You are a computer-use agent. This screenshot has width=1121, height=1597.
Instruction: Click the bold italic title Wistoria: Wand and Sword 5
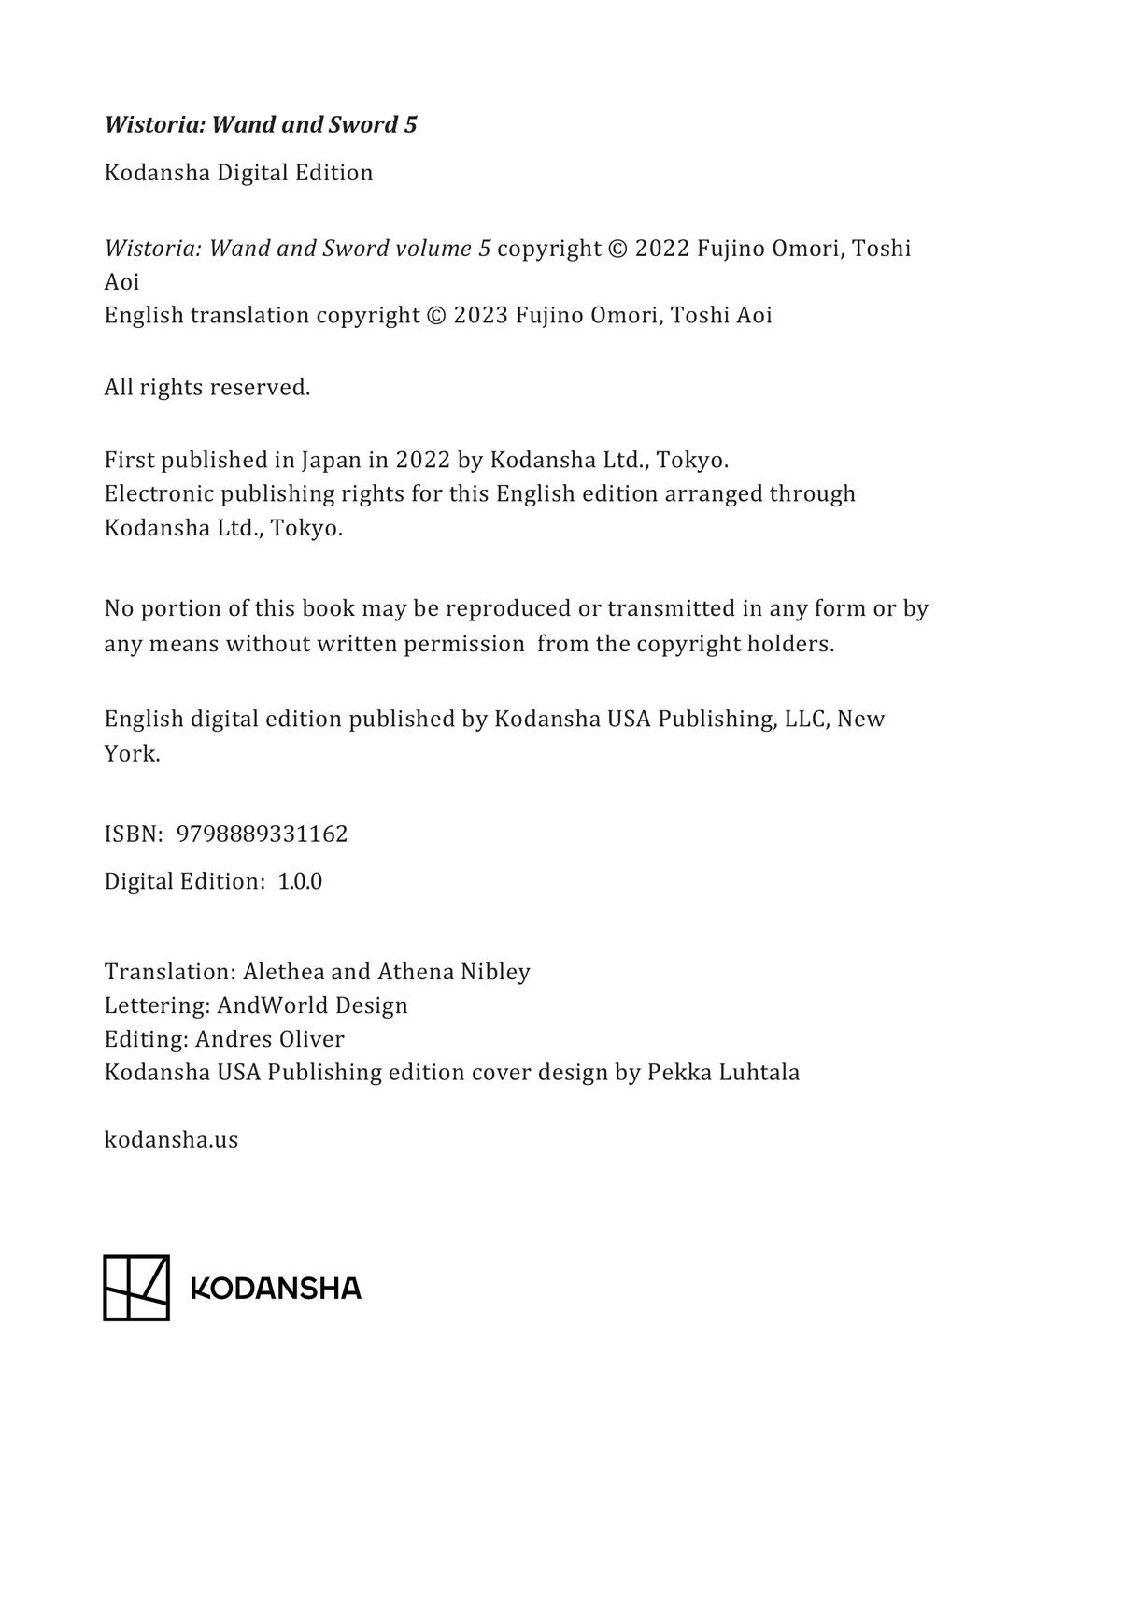[x=261, y=124]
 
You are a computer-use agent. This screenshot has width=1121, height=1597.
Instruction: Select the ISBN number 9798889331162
[x=262, y=834]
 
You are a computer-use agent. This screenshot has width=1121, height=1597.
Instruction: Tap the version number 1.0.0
[x=300, y=881]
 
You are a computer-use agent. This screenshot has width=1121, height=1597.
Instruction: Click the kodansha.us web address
[x=171, y=1139]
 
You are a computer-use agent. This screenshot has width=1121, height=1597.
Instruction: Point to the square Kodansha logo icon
[x=136, y=1288]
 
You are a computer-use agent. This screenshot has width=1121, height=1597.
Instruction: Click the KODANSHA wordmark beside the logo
[x=276, y=1289]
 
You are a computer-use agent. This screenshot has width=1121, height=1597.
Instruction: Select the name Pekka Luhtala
[x=723, y=1072]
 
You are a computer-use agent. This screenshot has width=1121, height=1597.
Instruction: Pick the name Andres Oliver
[x=270, y=1038]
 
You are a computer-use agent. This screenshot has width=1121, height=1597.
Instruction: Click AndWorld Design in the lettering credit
[x=312, y=1005]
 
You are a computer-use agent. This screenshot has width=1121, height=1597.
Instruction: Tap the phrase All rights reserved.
[x=207, y=387]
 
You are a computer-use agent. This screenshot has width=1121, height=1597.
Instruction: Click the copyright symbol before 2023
[x=436, y=315]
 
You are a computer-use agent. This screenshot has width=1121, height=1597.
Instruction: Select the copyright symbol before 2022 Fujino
[x=617, y=249]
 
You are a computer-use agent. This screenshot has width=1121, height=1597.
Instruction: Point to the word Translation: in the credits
[x=170, y=971]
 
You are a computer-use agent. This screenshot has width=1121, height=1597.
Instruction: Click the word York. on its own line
[x=132, y=753]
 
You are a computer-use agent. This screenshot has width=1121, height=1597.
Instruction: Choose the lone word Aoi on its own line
[x=121, y=281]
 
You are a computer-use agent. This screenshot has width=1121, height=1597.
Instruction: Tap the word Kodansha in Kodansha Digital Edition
[x=156, y=173]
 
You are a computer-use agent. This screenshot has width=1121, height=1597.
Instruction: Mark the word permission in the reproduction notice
[x=463, y=644]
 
